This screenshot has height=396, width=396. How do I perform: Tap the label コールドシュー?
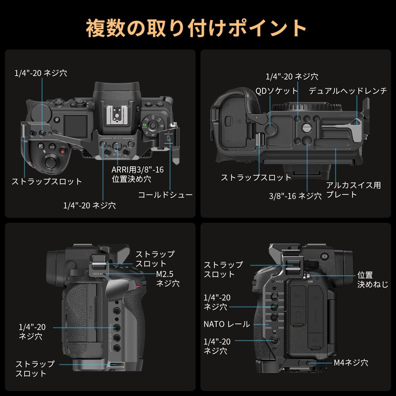[165, 195]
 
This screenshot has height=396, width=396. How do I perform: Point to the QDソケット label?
[277, 91]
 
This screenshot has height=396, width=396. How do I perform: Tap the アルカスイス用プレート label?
[353, 190]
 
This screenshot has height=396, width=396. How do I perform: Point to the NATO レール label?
[226, 324]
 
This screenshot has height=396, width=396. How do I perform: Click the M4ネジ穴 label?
[350, 363]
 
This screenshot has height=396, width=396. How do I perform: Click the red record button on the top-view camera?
[62, 151]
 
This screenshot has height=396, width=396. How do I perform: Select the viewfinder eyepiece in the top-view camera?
[115, 92]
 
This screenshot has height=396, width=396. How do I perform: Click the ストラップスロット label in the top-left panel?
[47, 182]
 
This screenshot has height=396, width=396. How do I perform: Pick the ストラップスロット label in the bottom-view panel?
[256, 177]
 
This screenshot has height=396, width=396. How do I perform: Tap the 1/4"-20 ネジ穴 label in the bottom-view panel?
[292, 77]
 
